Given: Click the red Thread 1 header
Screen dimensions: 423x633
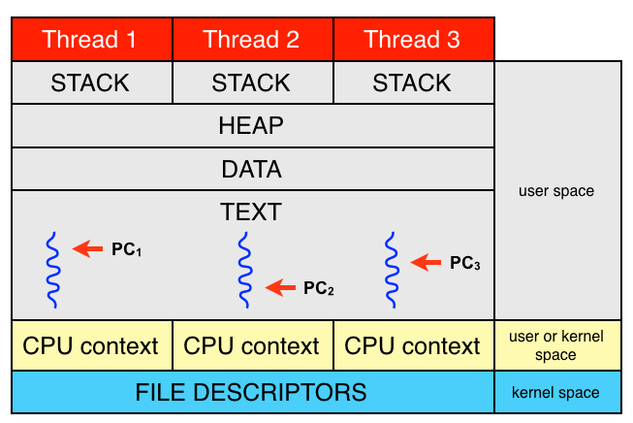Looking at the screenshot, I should coord(91,40).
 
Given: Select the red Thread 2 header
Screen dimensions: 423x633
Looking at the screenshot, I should coord(252,40).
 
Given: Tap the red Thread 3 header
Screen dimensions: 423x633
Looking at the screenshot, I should coord(413,40).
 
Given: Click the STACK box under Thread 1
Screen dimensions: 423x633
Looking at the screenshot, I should coord(91,82).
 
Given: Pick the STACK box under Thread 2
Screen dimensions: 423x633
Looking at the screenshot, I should coord(252,82).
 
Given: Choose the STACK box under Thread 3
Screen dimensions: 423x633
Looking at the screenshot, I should coord(413,82).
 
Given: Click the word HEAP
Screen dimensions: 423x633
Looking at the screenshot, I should coord(252,126).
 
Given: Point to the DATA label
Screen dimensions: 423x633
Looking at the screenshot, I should coord(252,170).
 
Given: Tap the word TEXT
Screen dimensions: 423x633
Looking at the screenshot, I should coord(252,211).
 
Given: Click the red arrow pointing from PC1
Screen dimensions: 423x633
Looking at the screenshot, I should coord(88,249).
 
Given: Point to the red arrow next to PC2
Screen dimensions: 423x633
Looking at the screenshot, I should coord(280,286).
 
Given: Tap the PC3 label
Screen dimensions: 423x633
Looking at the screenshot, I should coord(465,263).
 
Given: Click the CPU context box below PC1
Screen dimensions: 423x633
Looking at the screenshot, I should coord(91,345).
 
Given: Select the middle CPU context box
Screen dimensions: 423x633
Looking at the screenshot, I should coord(252,345).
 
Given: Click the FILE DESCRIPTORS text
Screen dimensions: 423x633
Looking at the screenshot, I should coord(252,393).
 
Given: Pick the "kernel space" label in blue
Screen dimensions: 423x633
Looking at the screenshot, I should coord(556,394).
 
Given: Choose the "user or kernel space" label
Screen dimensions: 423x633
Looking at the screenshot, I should coord(556,345).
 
